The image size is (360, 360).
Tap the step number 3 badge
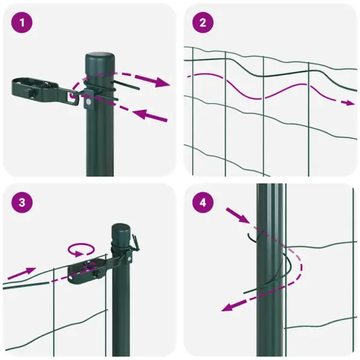pyautogui.click(x=22, y=202)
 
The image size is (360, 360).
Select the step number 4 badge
pyautogui.click(x=203, y=202)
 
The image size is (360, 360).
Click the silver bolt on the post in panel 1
pyautogui.click(x=88, y=103)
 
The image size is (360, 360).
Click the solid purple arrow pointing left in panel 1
pyautogui.click(x=150, y=114)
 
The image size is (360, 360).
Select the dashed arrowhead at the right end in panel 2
pyautogui.click(x=349, y=103)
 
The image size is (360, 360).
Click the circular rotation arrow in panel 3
pyautogui.click(x=81, y=248)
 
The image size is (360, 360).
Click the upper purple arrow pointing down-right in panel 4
pyautogui.click(x=237, y=214)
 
